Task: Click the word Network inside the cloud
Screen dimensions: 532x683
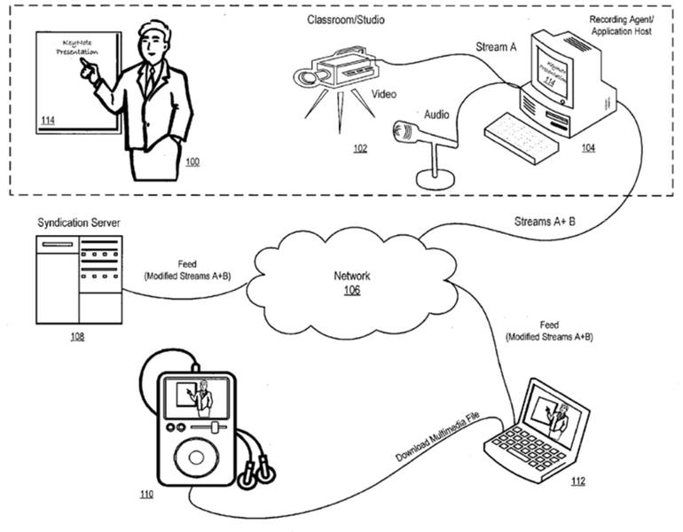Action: pos(350,277)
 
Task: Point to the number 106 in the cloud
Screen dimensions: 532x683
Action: pos(351,290)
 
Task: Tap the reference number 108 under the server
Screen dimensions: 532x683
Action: pos(79,338)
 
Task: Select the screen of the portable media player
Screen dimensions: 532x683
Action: pos(194,396)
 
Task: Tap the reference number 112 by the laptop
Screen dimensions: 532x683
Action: pos(577,481)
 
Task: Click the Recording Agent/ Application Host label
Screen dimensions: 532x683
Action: pos(620,23)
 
